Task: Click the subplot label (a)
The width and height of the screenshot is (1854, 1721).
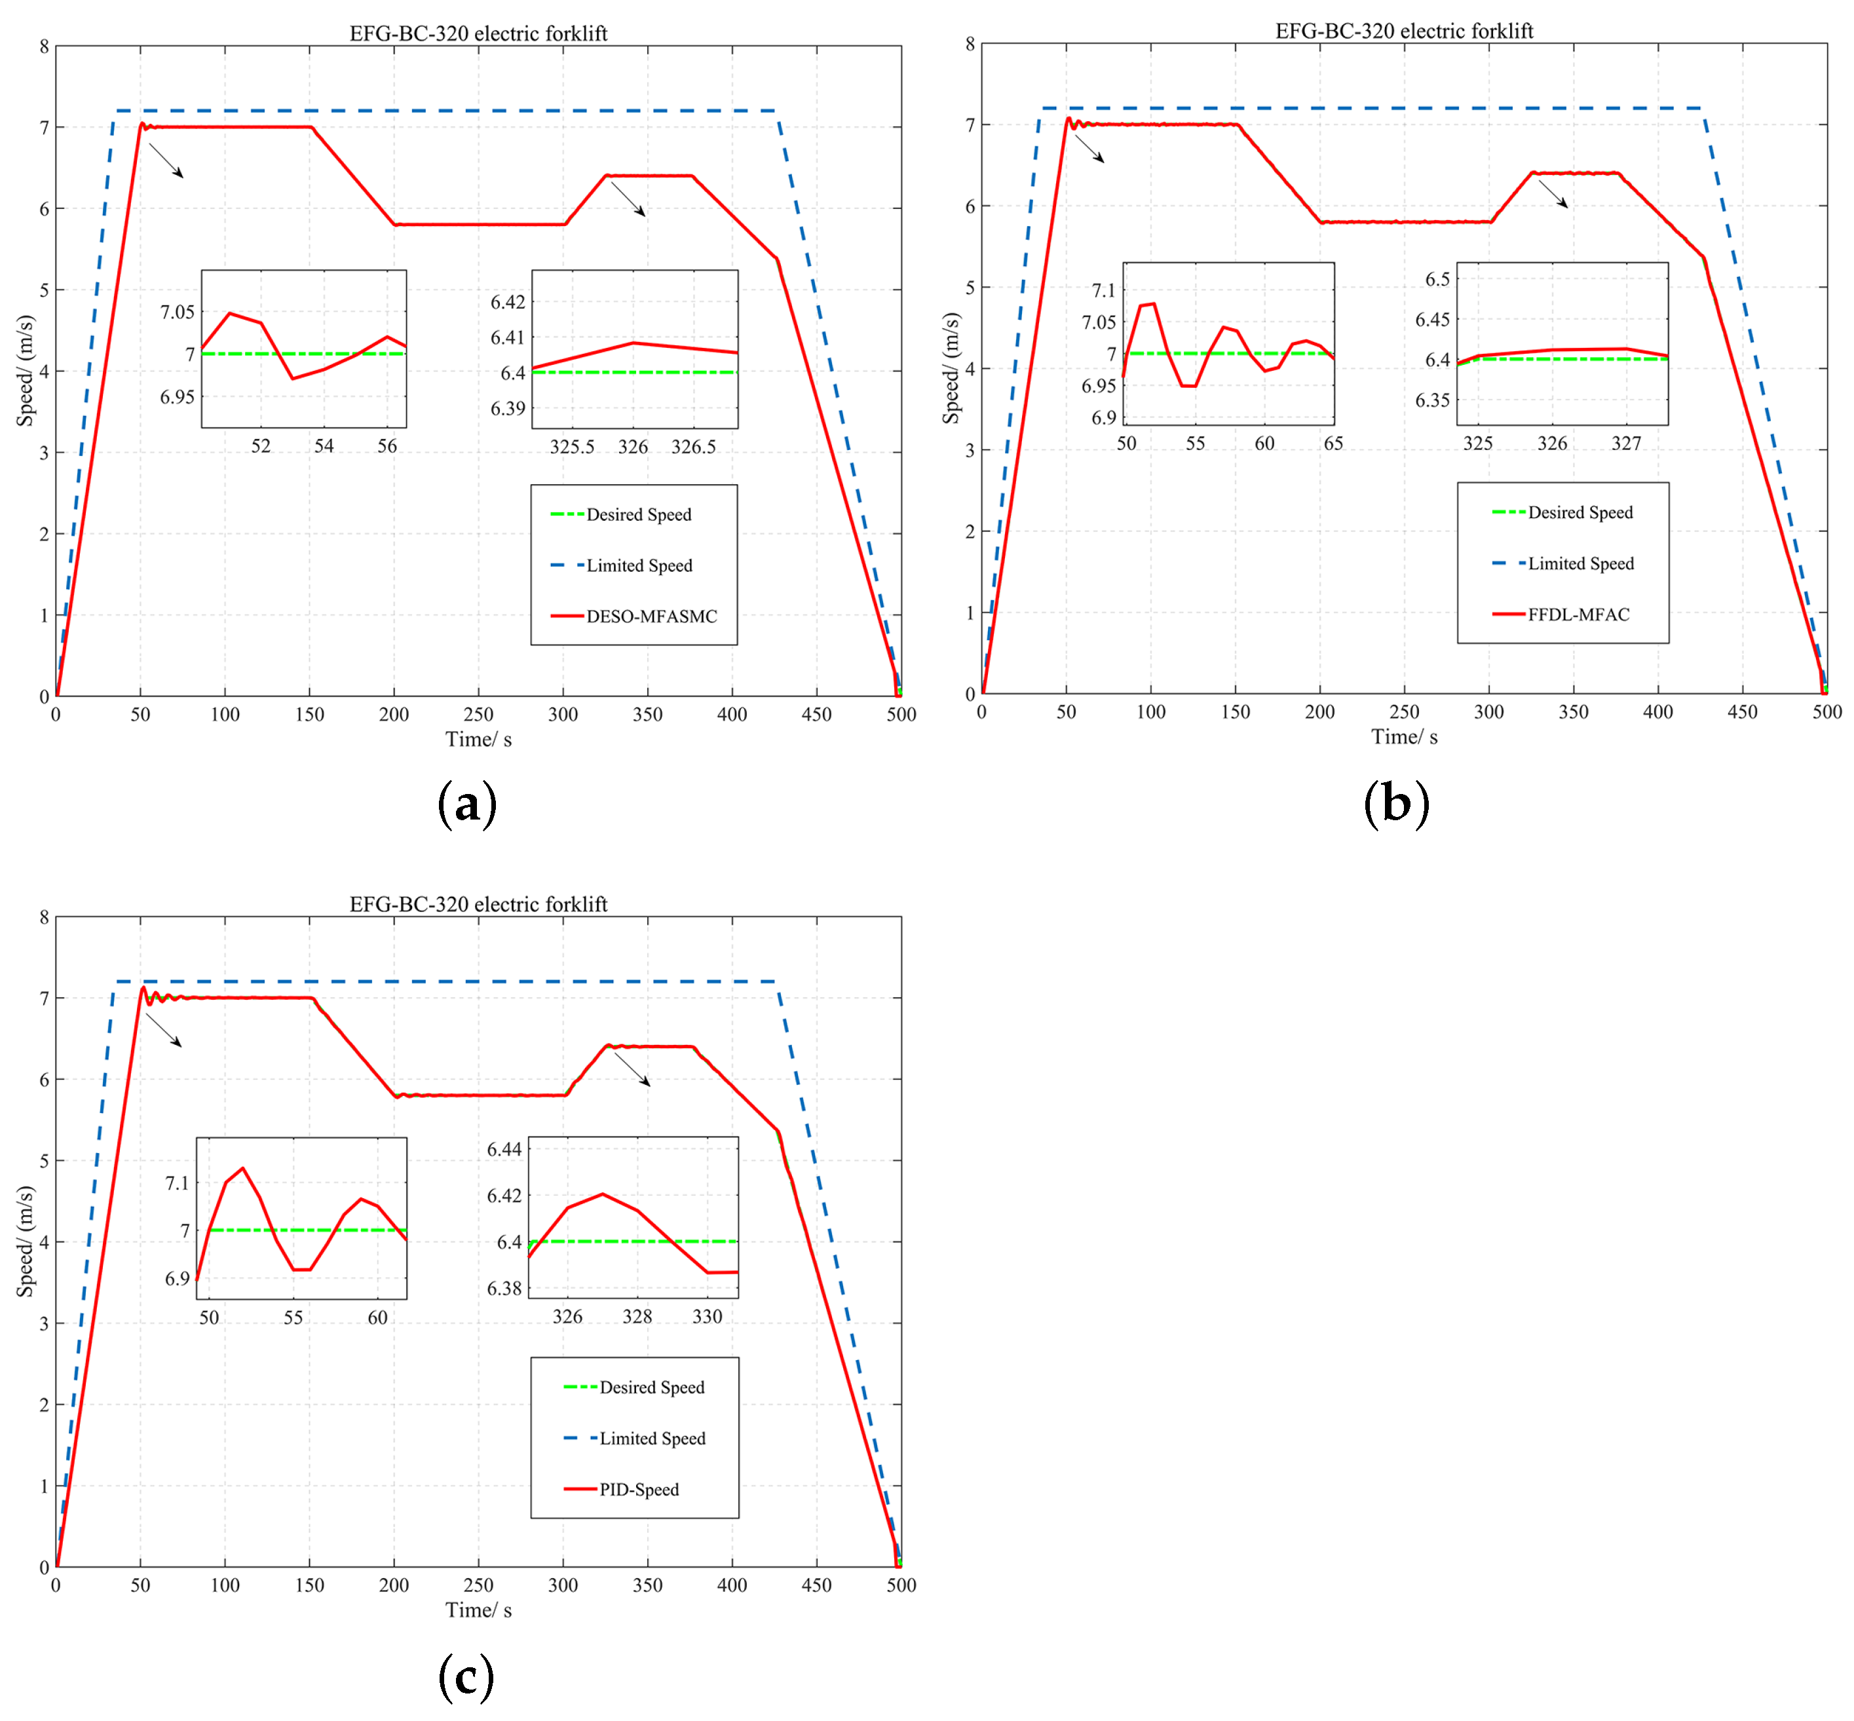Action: [x=466, y=804]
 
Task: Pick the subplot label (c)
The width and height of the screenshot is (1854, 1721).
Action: [x=466, y=1676]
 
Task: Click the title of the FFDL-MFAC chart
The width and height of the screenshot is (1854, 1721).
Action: [x=1403, y=31]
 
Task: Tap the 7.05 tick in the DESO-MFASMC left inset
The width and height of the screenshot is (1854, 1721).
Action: [x=177, y=312]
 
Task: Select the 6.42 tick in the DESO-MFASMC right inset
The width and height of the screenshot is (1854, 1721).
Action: [x=508, y=302]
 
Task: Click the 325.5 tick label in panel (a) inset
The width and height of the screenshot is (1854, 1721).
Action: [x=572, y=447]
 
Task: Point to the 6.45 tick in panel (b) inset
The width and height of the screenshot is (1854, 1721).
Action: [x=1432, y=320]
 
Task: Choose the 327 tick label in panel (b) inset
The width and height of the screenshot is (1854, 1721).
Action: [x=1626, y=444]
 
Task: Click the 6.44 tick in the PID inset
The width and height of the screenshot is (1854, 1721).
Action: [x=504, y=1149]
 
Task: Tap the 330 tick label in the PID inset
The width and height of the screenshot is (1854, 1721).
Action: [x=707, y=1317]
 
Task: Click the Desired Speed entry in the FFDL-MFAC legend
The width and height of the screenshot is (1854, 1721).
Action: [x=1580, y=513]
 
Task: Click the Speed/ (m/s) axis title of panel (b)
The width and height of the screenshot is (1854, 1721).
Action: [x=951, y=368]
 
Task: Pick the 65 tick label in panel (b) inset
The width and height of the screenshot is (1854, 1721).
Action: [x=1333, y=444]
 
